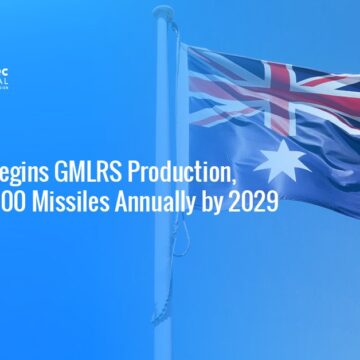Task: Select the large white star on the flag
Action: [283, 160]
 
